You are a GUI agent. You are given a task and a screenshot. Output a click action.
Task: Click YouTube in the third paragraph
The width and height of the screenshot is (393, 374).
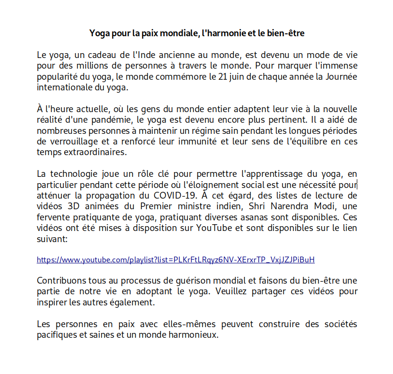coord(214,228)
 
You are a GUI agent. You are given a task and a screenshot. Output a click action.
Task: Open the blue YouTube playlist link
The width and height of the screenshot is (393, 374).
coord(176,260)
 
